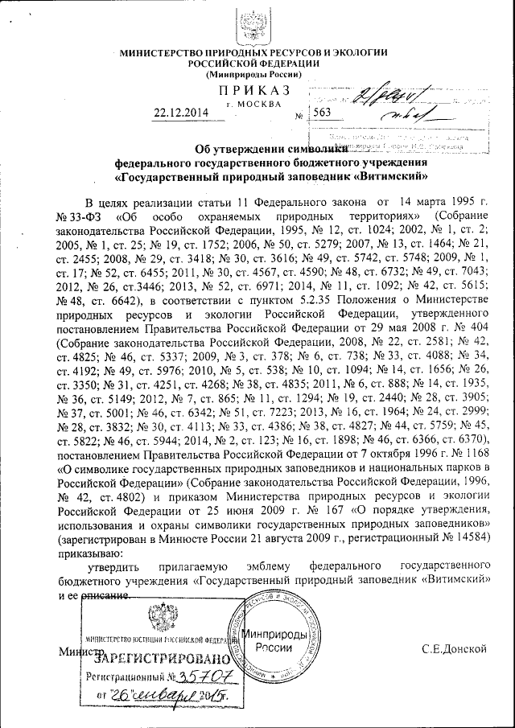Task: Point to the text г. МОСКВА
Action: point(254,104)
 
